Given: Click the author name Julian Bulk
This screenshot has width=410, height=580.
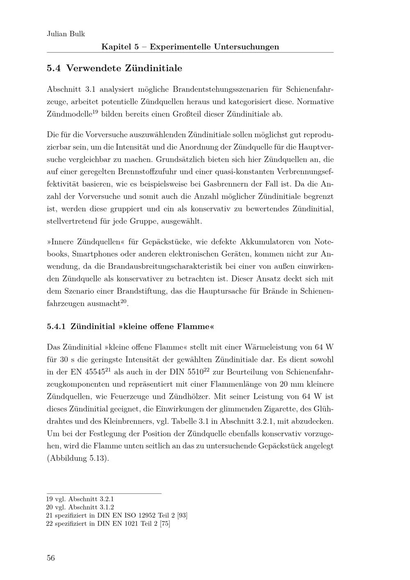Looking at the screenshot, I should tap(66, 34).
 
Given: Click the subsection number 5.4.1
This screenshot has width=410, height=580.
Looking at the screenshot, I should tap(57, 327).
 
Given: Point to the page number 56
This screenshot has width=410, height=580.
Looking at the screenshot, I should tap(51, 558).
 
